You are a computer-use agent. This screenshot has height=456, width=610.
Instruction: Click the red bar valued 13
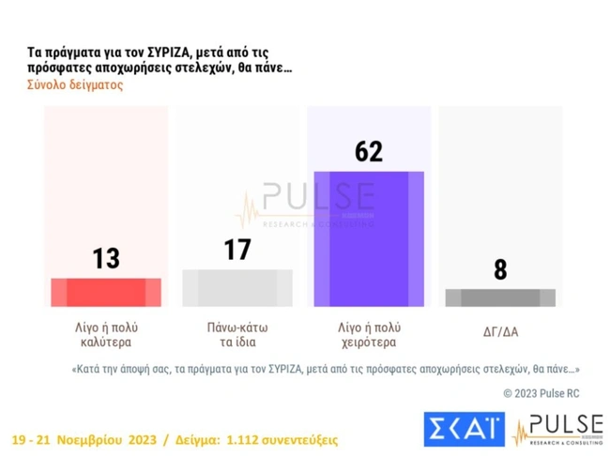click(106, 292)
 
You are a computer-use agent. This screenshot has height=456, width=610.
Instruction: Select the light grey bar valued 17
click(237, 288)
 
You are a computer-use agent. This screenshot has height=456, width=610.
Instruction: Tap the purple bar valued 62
click(369, 239)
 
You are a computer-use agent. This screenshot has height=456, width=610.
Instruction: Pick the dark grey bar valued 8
click(500, 297)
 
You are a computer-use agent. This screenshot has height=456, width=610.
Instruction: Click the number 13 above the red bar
click(106, 258)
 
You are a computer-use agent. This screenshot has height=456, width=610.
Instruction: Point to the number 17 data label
click(237, 250)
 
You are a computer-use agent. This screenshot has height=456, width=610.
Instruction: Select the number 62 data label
click(369, 151)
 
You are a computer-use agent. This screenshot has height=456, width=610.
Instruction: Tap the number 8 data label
click(500, 270)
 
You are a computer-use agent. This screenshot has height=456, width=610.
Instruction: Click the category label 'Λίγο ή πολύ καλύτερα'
click(106, 334)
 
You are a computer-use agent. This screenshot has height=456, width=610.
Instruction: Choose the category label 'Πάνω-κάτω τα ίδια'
click(237, 334)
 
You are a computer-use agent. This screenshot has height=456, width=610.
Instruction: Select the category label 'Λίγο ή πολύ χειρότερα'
click(369, 334)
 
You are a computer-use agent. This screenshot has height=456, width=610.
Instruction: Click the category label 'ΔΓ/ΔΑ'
click(500, 328)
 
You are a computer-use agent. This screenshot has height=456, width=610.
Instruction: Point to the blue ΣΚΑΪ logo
click(464, 429)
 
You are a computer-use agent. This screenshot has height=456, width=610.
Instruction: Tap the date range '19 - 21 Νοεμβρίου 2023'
click(85, 439)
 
